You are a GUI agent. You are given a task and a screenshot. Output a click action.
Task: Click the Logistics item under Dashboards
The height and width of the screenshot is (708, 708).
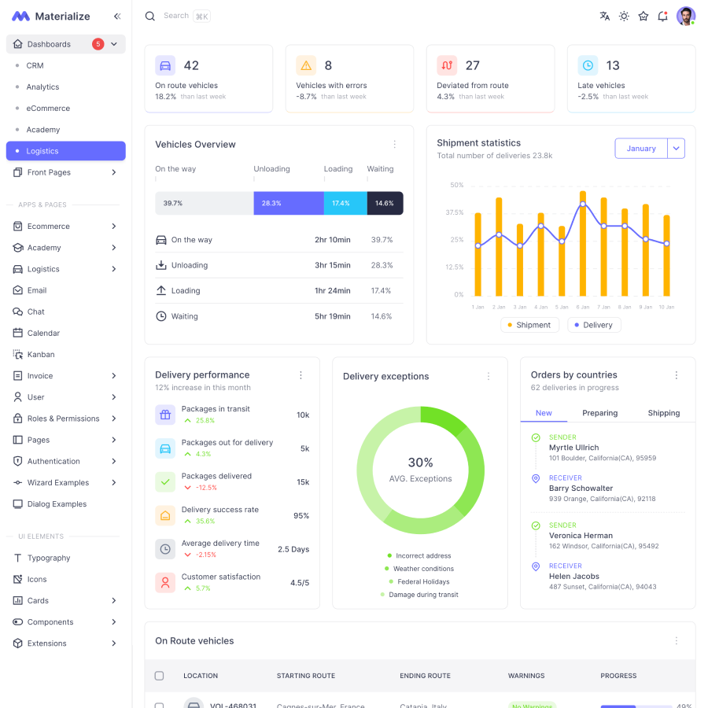[42, 151]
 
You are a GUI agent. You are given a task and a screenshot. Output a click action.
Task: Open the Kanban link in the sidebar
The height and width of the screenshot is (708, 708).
[41, 355]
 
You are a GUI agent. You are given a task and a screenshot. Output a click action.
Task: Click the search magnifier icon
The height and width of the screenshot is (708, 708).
[150, 16]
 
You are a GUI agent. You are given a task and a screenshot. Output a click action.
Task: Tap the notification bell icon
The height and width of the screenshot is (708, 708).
[662, 16]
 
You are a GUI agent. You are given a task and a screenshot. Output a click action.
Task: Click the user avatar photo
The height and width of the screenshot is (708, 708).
[686, 16]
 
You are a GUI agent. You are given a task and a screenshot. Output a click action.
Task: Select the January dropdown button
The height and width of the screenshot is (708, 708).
[641, 149]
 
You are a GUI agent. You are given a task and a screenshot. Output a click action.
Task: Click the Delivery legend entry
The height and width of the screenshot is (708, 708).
[594, 325]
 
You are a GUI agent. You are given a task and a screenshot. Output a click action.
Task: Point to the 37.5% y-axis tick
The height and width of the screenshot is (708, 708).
[455, 212]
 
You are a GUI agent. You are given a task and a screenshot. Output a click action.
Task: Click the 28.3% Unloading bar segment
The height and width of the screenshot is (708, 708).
[288, 203]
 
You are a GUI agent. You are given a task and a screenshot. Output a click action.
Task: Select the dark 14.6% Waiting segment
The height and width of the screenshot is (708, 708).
[385, 203]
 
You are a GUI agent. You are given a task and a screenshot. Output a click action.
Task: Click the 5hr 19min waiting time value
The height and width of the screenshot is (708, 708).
[332, 316]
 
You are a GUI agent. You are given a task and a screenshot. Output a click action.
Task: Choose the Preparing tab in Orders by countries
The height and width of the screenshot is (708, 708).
[599, 413]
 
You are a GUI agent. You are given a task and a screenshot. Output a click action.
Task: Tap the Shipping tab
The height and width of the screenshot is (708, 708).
[664, 413]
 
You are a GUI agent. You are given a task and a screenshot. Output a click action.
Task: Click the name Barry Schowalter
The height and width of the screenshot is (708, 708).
[581, 489]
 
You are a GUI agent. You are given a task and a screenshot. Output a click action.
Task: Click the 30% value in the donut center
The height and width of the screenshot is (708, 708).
[420, 463]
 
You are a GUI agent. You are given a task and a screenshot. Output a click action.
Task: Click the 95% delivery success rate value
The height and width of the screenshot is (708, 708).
[301, 516]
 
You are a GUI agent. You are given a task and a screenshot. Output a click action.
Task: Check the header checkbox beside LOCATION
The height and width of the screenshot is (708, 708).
[160, 676]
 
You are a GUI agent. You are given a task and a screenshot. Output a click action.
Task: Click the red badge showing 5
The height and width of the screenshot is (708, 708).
[98, 44]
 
